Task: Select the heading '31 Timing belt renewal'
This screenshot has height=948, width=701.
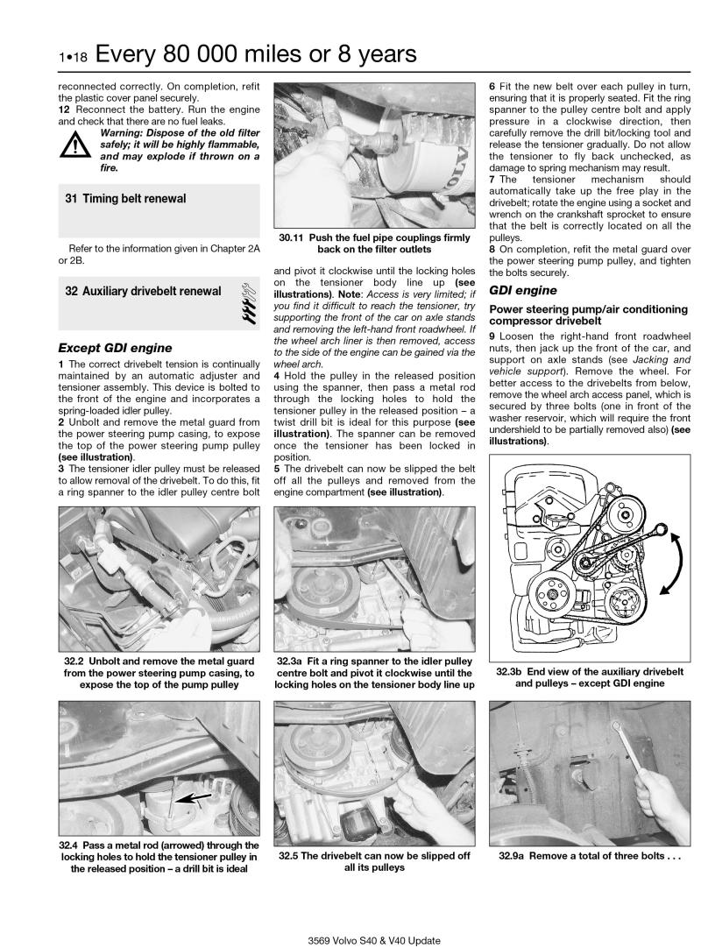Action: coord(125,199)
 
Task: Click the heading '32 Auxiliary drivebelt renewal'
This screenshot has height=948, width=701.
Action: coord(143,290)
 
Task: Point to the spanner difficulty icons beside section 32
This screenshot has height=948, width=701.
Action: coord(247,302)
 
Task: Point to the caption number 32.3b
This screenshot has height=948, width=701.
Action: coord(513,671)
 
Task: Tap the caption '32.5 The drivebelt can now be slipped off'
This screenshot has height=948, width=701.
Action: coord(374,855)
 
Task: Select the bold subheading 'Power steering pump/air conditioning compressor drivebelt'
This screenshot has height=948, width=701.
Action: coord(588,315)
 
